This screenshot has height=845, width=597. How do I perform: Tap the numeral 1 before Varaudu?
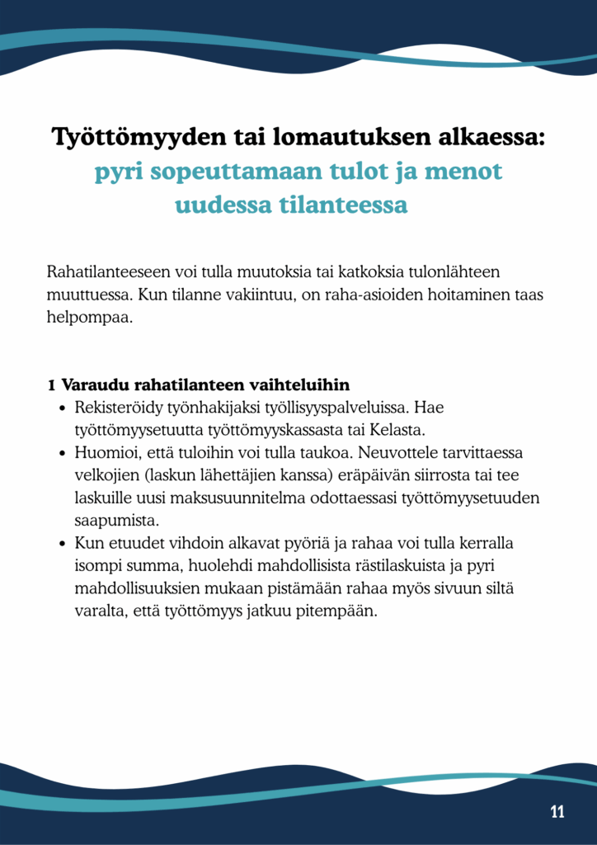(x=51, y=385)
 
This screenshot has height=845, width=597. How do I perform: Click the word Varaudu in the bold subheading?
(x=95, y=385)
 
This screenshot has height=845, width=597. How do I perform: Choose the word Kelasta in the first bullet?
(x=399, y=430)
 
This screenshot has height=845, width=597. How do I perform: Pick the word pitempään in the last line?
(x=341, y=612)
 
